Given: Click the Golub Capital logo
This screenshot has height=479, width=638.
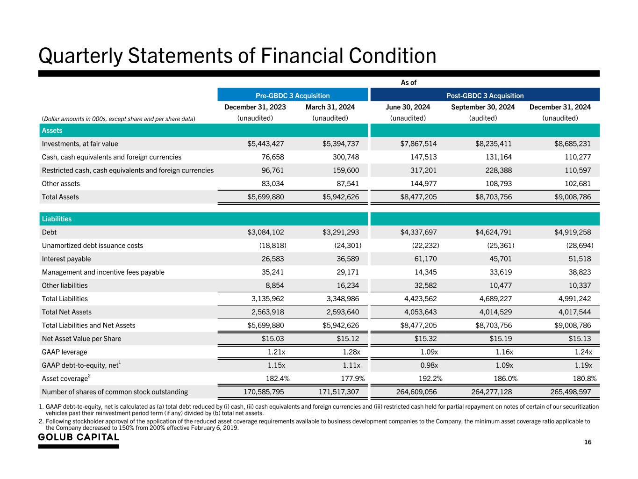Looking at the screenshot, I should (79, 437).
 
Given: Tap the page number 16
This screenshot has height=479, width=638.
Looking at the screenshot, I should (588, 443).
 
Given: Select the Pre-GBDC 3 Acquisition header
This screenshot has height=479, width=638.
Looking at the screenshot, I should (293, 95).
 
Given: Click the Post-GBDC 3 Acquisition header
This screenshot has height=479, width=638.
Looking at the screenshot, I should (485, 95).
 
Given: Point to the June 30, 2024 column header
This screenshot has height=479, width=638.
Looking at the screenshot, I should (408, 107).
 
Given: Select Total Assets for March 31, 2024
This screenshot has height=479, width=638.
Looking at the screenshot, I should (341, 197).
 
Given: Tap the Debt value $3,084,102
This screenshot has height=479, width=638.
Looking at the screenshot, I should (265, 232).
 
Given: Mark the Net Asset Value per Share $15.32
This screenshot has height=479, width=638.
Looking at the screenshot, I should (423, 339).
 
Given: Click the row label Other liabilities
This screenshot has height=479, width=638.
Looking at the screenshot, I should (65, 285).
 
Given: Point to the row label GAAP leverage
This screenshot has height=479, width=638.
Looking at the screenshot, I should (65, 352).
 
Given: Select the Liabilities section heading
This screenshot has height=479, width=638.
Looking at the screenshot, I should (57, 219).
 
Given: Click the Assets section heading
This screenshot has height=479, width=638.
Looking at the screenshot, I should (52, 131).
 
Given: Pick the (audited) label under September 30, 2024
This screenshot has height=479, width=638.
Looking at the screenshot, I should (483, 118).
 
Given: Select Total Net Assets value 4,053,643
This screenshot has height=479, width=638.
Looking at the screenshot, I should (418, 312).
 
